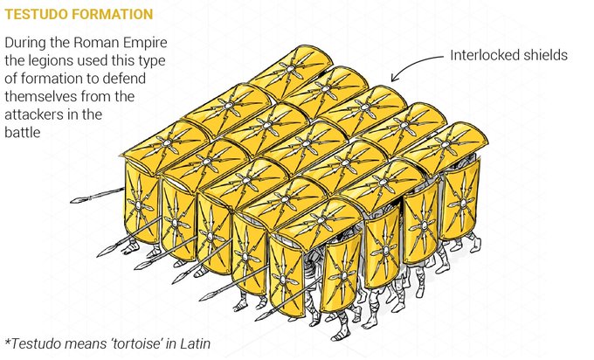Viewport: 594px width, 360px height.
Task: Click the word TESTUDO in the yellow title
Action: coord(36,14)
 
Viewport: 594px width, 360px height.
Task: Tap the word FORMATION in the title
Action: coord(112,14)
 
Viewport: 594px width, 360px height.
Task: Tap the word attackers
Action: coord(33,114)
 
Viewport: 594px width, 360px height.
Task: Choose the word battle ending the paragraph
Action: coord(23,133)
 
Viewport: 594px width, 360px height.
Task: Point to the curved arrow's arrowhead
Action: coord(395,78)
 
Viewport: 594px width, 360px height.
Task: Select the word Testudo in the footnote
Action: coord(35,343)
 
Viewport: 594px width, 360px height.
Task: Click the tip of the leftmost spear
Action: coord(72,202)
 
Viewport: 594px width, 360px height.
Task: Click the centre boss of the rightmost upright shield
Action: coord(461,204)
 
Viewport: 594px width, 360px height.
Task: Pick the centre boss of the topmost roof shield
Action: coord(291,68)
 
